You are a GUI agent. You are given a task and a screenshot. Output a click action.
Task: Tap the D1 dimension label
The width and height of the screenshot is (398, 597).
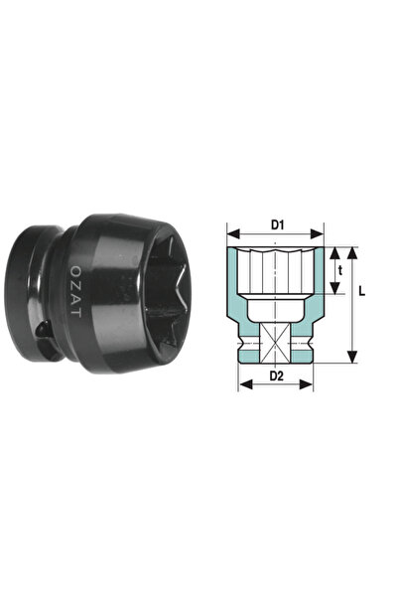[278, 225]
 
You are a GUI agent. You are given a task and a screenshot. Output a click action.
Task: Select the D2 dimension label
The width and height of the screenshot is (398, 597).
[278, 375]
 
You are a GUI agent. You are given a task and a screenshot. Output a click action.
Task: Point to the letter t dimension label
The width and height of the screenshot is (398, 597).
[339, 268]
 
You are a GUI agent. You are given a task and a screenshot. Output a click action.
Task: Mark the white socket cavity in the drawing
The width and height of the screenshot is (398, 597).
[277, 273]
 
